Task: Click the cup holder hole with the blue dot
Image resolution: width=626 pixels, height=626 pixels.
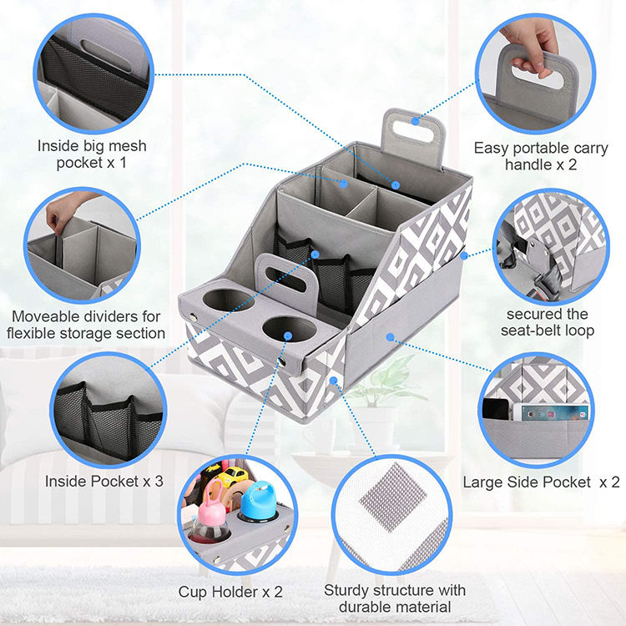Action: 290,330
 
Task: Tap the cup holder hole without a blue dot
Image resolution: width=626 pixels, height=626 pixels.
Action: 229,300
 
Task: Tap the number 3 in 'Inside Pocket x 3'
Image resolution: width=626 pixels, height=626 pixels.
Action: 159,481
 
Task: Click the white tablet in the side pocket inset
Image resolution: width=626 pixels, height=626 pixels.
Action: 551,412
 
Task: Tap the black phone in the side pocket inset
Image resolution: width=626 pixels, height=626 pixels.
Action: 496,408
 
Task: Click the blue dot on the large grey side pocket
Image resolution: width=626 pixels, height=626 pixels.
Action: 390,337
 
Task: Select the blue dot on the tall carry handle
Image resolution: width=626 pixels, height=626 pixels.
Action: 416,120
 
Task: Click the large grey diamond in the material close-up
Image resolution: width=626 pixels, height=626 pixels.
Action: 393,497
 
